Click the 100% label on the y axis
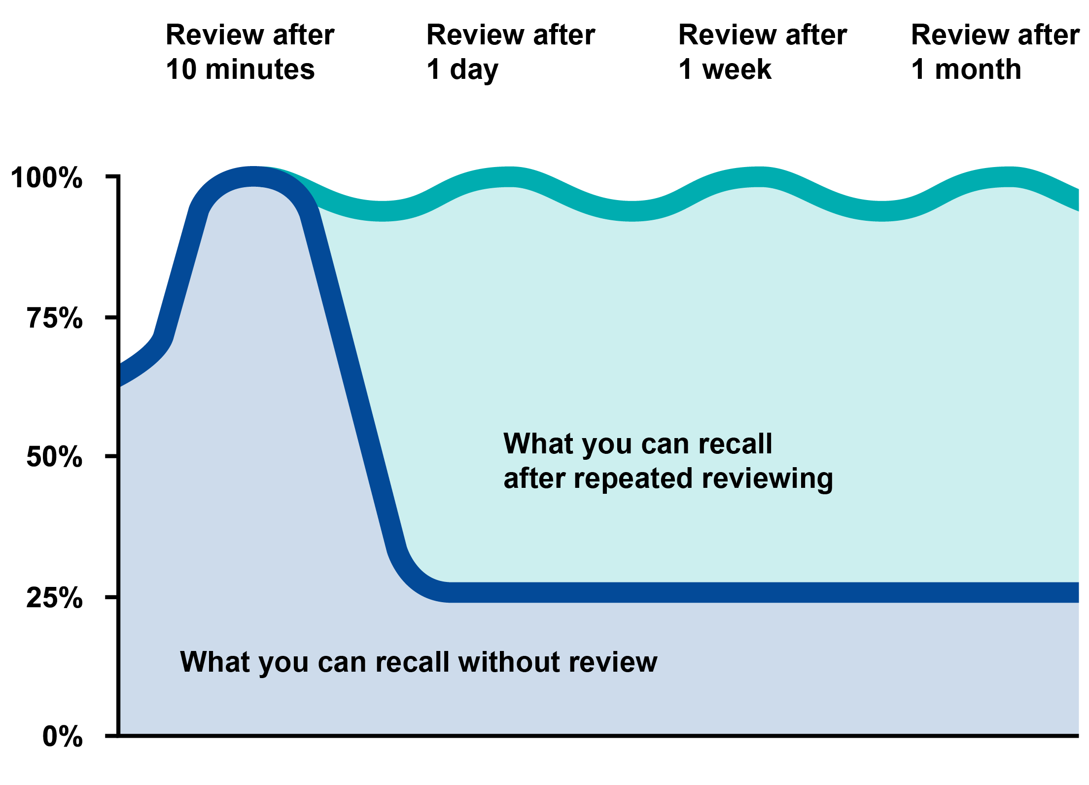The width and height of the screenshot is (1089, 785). [x=46, y=178]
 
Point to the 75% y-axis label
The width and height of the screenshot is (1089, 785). [x=55, y=318]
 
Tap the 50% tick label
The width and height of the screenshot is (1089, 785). [x=54, y=457]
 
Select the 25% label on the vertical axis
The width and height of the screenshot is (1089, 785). [x=54, y=598]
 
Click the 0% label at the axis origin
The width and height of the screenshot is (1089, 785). [x=63, y=737]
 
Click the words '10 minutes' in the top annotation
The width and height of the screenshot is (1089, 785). [x=240, y=69]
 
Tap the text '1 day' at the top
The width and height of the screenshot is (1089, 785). [x=462, y=69]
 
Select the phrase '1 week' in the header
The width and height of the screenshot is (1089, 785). [x=725, y=69]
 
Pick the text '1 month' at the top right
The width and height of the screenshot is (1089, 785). [x=966, y=69]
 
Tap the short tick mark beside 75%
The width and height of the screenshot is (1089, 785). [x=112, y=317]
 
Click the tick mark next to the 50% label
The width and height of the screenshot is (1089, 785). [x=112, y=456]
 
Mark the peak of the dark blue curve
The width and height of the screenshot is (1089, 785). [x=253, y=176]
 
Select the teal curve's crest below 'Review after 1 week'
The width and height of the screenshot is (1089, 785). [x=762, y=177]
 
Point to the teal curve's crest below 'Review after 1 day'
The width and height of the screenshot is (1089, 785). [x=513, y=177]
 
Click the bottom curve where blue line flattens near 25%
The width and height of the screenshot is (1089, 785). [x=451, y=592]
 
